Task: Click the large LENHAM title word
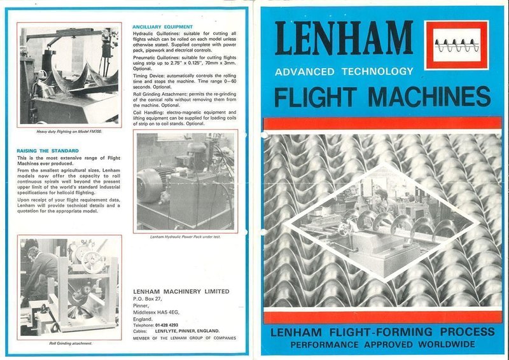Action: pyautogui.click(x=344, y=40)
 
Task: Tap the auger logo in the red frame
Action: pyautogui.click(x=456, y=45)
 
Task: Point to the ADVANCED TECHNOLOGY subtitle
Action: pyautogui.click(x=344, y=71)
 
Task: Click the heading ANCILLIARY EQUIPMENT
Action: pyautogui.click(x=162, y=27)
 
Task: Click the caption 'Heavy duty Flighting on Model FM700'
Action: pyautogui.click(x=69, y=131)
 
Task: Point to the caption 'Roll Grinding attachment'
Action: pyautogui.click(x=70, y=343)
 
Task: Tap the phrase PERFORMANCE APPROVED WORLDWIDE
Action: pyautogui.click(x=382, y=345)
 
